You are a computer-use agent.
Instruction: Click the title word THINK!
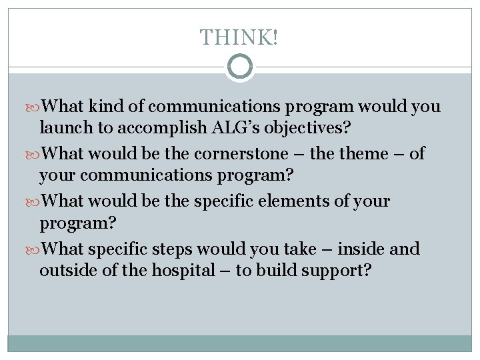click(239, 37)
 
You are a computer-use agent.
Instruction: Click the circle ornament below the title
click(240, 67)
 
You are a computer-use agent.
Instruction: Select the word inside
click(363, 249)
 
